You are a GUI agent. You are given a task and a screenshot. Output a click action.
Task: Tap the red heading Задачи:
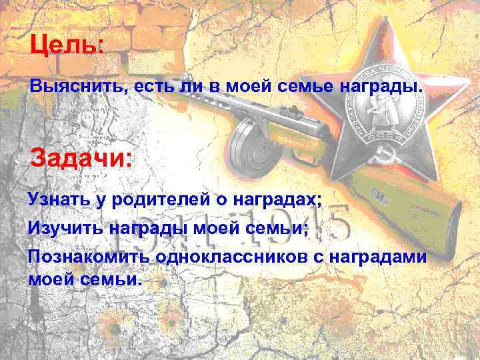click(x=82, y=159)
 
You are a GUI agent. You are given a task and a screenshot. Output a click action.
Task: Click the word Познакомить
click(x=83, y=257)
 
